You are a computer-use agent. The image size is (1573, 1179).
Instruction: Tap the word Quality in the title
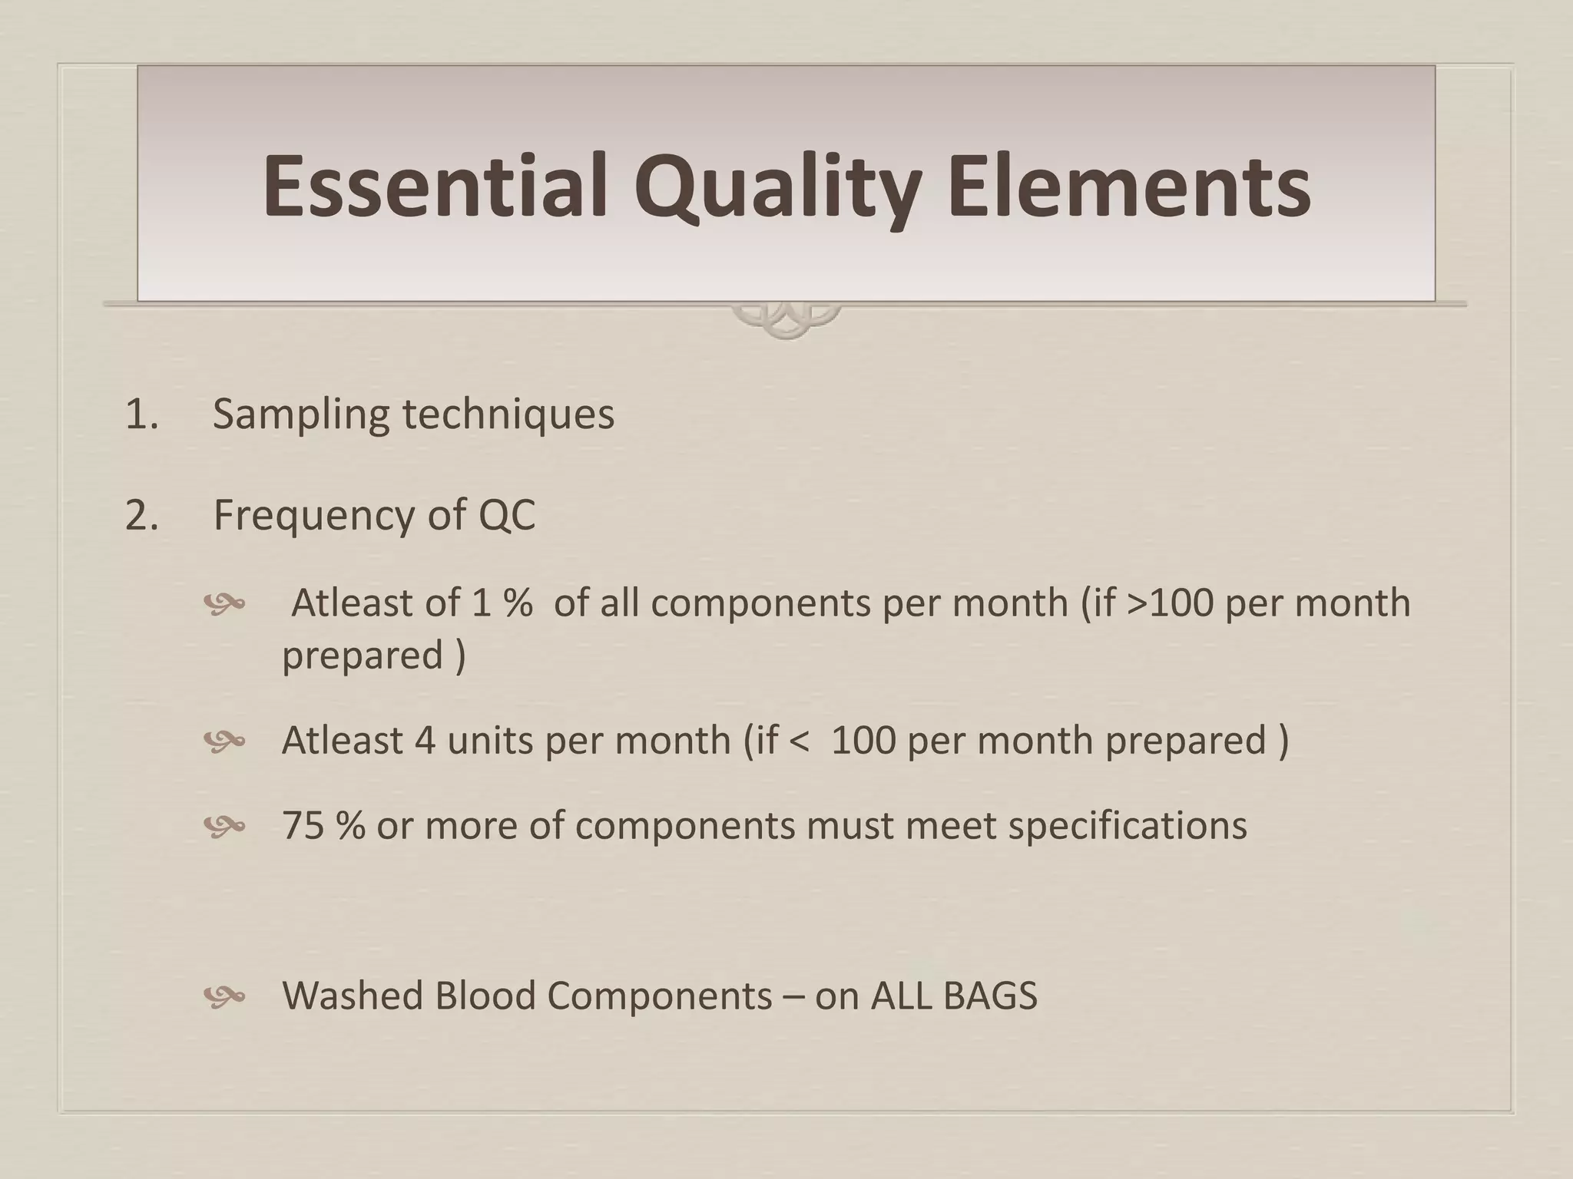click(777, 187)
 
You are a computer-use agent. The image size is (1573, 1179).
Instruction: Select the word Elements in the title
click(1128, 187)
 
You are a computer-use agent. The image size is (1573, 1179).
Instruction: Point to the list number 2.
click(141, 515)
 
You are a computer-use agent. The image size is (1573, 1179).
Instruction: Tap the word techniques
click(508, 414)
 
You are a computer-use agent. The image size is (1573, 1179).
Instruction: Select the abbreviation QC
click(506, 515)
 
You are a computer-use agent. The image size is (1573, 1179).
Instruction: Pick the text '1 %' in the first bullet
click(502, 603)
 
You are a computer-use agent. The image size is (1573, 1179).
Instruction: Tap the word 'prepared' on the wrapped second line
click(363, 656)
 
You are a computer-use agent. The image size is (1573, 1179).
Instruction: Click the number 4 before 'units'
click(425, 741)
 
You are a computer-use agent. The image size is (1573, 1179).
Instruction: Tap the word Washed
click(353, 996)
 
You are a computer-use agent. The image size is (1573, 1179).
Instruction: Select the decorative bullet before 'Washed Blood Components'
click(224, 997)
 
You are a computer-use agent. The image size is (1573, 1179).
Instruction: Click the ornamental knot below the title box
click(786, 319)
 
